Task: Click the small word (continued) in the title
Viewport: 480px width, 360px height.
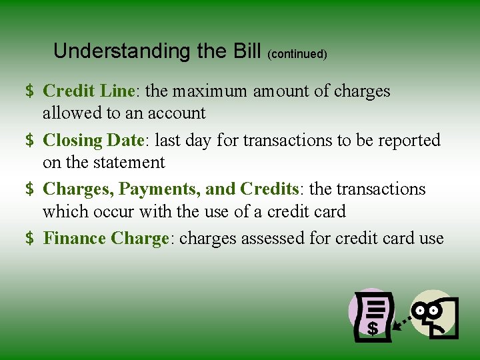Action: point(297,54)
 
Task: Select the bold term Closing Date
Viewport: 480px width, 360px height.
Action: point(93,140)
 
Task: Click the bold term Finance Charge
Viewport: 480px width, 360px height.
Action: point(105,239)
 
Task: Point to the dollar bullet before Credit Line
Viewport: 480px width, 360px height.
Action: point(30,91)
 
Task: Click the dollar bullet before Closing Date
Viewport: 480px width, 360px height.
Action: point(30,141)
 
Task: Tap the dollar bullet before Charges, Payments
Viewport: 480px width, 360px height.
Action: point(30,190)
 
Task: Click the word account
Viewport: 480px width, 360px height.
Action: point(175,113)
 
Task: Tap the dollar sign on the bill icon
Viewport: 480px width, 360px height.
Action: point(372,328)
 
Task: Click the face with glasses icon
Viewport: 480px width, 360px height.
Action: point(433,313)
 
